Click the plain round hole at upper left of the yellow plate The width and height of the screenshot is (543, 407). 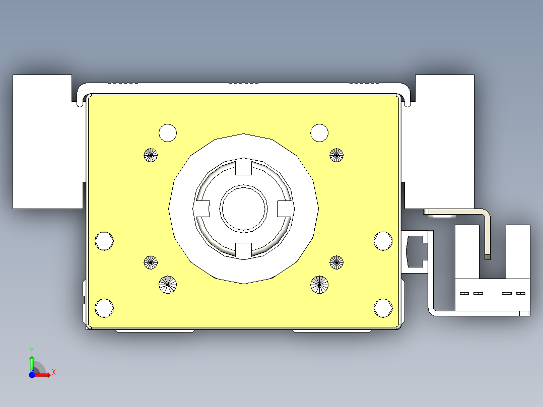coord(168,133)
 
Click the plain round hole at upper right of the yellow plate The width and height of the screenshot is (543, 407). coord(319,133)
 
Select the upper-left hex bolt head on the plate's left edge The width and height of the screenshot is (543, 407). coord(104,241)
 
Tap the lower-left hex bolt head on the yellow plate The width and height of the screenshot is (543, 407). coord(104,308)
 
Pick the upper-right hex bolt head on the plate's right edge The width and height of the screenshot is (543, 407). coord(383,241)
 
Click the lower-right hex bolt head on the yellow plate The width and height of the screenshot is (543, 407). coord(383,308)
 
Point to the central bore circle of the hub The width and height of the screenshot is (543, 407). coord(244,208)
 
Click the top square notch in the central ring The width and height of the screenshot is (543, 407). coord(244,167)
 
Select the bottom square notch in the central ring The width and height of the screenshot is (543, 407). coord(244,249)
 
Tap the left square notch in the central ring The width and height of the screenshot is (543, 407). coord(202,208)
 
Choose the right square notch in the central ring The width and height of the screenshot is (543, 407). coord(285,208)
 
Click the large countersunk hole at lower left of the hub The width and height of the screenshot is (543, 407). coord(168,285)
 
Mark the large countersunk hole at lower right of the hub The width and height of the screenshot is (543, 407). coord(319,285)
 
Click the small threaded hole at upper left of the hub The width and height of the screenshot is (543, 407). coord(151,155)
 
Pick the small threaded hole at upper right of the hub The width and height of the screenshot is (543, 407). coord(336,155)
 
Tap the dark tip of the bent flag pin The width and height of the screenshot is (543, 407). coord(487,257)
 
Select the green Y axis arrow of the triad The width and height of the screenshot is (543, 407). coord(32,362)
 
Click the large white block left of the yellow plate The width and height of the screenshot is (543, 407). coord(43,141)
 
